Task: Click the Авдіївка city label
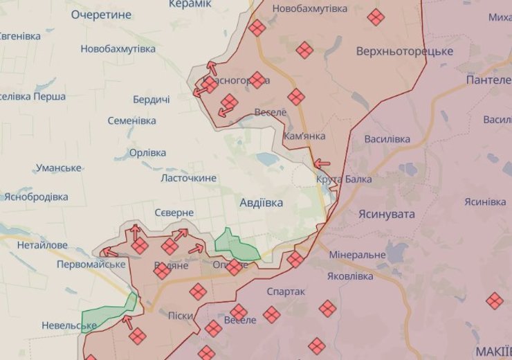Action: coord(261,203)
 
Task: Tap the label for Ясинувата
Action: coord(386,214)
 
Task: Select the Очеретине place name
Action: coord(100,14)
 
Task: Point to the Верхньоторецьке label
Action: coord(405,52)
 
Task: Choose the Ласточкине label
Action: coord(188,178)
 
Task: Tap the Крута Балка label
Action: coord(344,179)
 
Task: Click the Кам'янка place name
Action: coord(304,136)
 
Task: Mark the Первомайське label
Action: coord(91,264)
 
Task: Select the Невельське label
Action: coord(68,325)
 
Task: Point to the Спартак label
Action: coord(285,291)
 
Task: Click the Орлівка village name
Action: coord(147,152)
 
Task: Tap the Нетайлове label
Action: coord(42,245)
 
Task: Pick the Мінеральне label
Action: coord(357,255)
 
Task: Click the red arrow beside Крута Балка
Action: coord(322,164)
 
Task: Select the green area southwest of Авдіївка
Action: coord(235,244)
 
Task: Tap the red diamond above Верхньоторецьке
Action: coord(376,17)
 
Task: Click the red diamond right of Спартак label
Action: coord(328,308)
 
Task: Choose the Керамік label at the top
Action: coord(190,4)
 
